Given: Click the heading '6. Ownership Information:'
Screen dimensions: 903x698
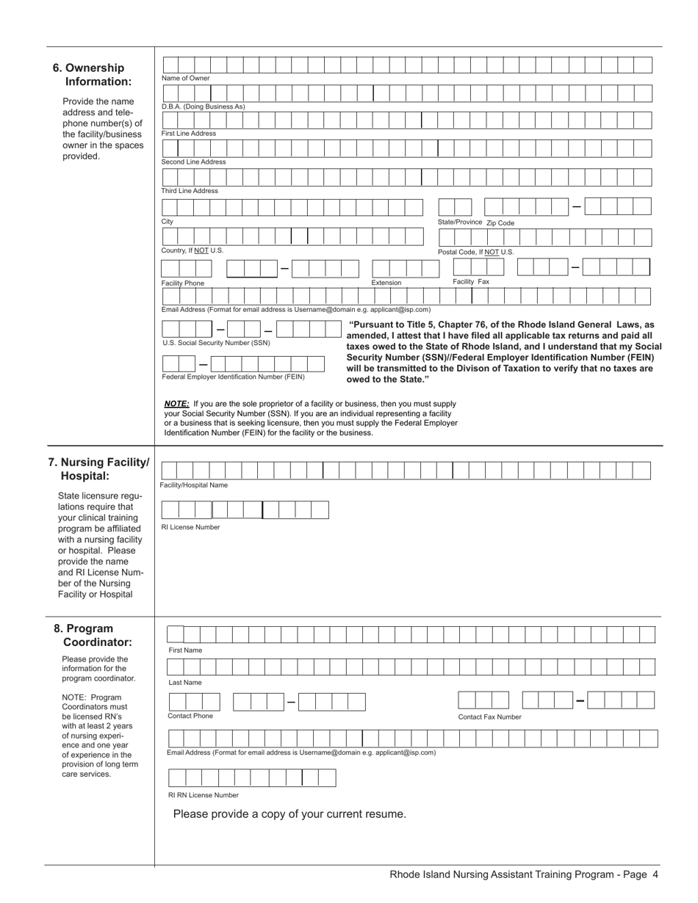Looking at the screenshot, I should pyautogui.click(x=93, y=74).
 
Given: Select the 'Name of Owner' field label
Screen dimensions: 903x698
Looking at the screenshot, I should pyautogui.click(x=185, y=79).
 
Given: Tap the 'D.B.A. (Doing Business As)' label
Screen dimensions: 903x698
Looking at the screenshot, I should pyautogui.click(x=203, y=106).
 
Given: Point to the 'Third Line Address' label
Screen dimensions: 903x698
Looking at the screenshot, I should pyautogui.click(x=190, y=191).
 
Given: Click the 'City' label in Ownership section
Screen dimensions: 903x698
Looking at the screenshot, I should pyautogui.click(x=168, y=222).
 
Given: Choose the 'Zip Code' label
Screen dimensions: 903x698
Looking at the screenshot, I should pyautogui.click(x=500, y=223).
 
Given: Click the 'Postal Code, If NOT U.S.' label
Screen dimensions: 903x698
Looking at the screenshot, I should pyautogui.click(x=475, y=252).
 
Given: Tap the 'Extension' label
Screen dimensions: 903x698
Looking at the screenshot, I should pyautogui.click(x=386, y=283).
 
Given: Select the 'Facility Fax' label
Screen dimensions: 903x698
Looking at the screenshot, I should pyautogui.click(x=470, y=282).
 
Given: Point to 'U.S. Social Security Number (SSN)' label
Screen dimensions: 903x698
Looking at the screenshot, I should pyautogui.click(x=216, y=343).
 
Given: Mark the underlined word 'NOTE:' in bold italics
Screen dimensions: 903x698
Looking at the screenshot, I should pyautogui.click(x=176, y=404).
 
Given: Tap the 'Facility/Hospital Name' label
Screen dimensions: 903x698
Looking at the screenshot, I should pyautogui.click(x=194, y=485).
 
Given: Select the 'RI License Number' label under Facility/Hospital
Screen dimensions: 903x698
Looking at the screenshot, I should pyautogui.click(x=190, y=527).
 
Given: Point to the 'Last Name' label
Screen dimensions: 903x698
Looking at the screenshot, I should pyautogui.click(x=184, y=683).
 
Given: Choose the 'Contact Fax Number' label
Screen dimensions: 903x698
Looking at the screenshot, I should pyautogui.click(x=489, y=717).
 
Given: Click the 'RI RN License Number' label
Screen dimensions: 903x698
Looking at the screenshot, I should pyautogui.click(x=204, y=795).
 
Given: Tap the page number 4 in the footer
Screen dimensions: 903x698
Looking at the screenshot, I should pyautogui.click(x=655, y=874).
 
